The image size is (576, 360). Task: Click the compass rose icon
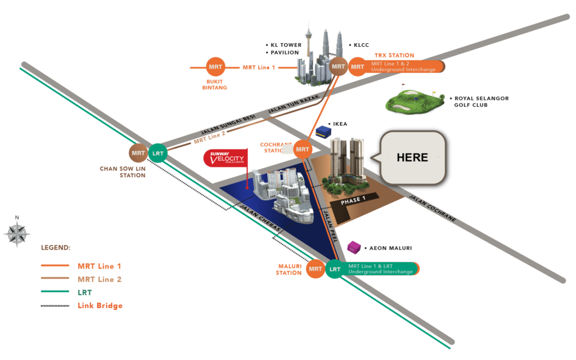16,232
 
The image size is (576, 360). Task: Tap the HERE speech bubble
412,157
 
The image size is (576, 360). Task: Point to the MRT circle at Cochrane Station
303,149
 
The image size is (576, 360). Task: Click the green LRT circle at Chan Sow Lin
158,153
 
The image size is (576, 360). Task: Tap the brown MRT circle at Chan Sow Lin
138,153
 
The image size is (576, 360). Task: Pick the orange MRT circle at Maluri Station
316,269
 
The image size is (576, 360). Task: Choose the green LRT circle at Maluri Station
335,269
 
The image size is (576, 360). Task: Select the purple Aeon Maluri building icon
354,246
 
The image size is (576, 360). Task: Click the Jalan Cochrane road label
432,209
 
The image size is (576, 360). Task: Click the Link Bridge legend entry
100,305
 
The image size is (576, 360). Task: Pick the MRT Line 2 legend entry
100,279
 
